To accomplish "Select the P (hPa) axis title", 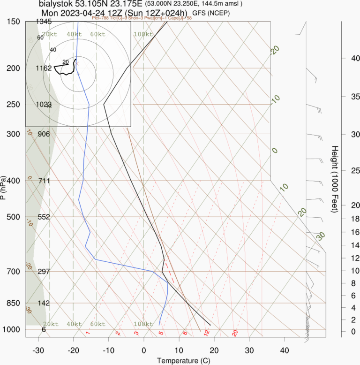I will pyautogui.click(x=4, y=188).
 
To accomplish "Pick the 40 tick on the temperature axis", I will pyautogui.click(x=284, y=350).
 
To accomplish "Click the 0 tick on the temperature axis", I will pyautogui.click(x=143, y=350).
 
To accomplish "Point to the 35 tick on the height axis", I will pyautogui.click(x=343, y=97).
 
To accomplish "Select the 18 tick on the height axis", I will pyautogui.click(x=343, y=219).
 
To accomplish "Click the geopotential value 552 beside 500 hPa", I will pyautogui.click(x=44, y=217).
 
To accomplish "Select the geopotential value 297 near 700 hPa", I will pyautogui.click(x=44, y=272).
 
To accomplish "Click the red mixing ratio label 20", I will pyautogui.click(x=235, y=333).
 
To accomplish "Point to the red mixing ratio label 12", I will pyautogui.click(x=206, y=333).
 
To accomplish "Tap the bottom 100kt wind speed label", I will pyautogui.click(x=143, y=324).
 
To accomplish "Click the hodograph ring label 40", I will pyautogui.click(x=53, y=50).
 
